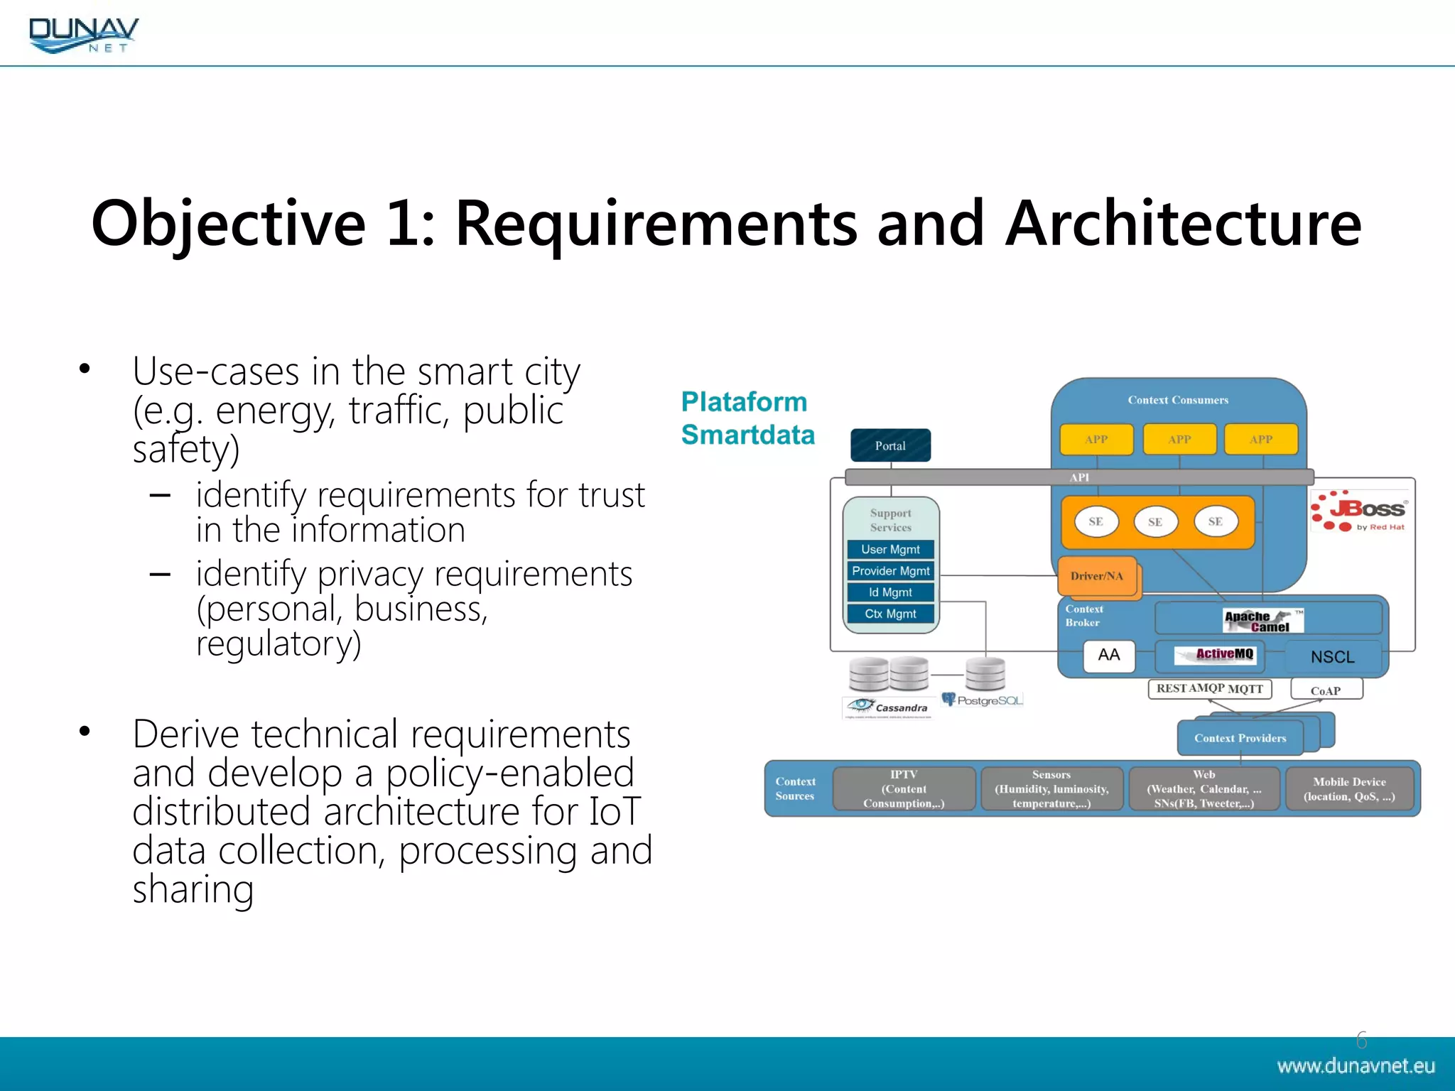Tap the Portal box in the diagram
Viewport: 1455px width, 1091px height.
point(890,446)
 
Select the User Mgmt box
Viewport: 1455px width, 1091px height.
point(890,550)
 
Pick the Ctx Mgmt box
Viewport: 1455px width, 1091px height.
point(890,614)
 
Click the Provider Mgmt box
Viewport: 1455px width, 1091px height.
point(890,571)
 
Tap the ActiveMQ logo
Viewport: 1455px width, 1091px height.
point(1216,654)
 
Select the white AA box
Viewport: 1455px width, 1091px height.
point(1108,655)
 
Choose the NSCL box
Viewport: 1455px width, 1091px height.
point(1332,657)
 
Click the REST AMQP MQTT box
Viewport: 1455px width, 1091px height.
point(1209,689)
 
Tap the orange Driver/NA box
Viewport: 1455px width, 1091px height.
point(1097,576)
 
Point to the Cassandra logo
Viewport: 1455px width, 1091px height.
point(888,707)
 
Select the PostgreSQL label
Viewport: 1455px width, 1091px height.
point(983,700)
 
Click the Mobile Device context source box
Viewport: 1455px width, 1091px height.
point(1349,789)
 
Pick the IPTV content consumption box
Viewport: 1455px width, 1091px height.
point(904,789)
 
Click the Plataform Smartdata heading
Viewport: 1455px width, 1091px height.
point(747,418)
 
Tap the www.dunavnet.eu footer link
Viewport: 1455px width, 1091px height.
point(1355,1066)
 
